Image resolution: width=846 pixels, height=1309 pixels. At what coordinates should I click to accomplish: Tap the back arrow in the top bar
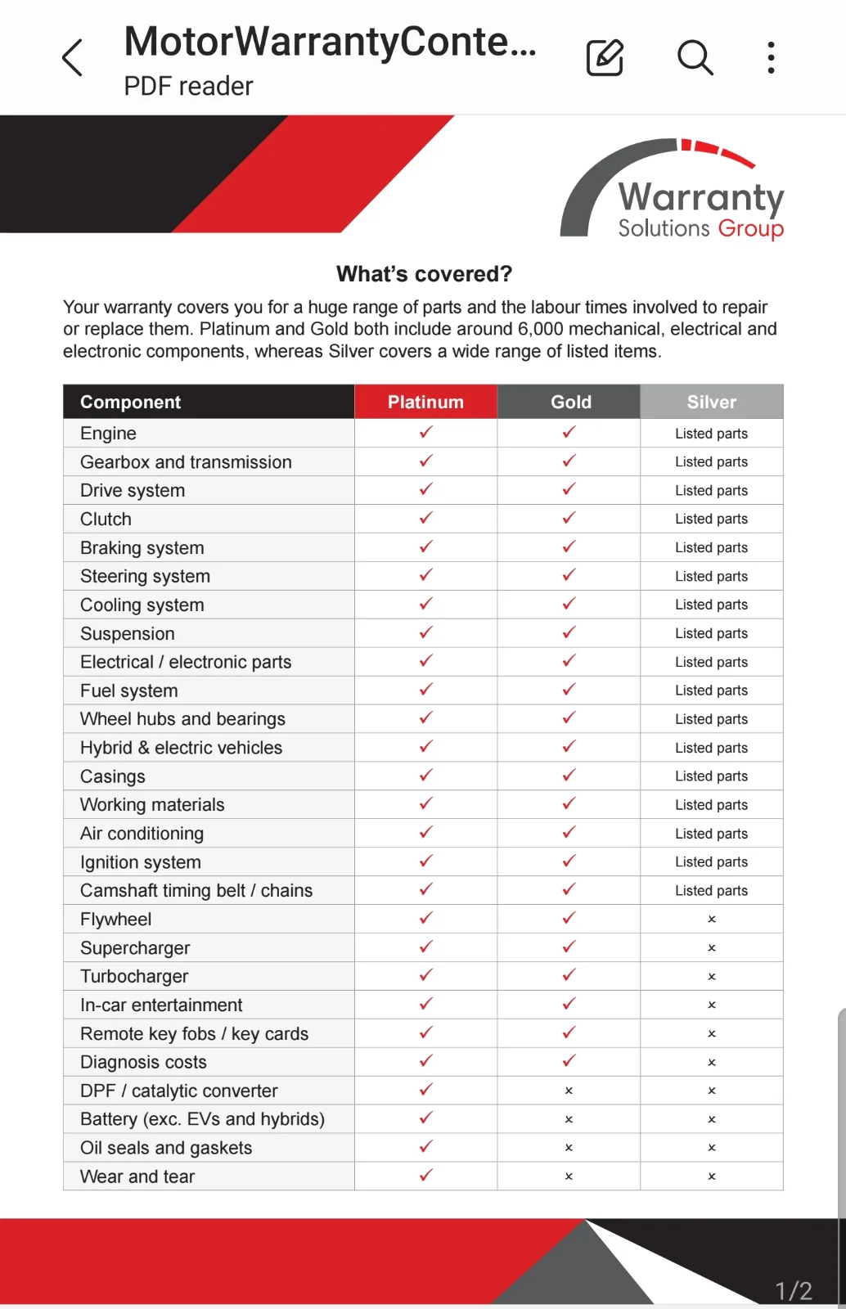73,57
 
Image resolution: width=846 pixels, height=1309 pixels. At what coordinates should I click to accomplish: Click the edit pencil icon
605,57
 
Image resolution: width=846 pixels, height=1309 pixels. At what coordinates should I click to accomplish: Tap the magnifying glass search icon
695,57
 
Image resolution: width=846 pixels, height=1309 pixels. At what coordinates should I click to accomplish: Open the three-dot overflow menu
771,57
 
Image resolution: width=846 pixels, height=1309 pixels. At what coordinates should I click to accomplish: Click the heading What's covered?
424,274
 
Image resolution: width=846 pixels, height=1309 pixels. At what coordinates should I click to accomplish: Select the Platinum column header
425,402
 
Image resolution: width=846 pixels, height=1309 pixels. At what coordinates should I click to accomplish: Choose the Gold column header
570,402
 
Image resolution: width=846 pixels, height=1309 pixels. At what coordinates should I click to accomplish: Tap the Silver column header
711,402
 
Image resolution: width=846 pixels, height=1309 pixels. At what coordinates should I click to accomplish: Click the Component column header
131,402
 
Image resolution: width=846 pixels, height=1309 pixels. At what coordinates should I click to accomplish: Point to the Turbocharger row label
134,976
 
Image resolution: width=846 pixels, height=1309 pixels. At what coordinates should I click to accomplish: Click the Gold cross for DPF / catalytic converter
569,1091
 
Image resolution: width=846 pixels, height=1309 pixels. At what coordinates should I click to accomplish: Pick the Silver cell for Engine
711,434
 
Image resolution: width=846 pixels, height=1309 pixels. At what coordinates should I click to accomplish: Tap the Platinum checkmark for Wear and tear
425,1176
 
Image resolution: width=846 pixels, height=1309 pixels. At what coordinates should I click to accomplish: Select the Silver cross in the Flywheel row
712,920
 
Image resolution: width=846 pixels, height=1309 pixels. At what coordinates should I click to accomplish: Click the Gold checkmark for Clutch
569,518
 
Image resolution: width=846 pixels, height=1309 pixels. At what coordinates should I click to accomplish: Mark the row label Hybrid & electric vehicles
181,748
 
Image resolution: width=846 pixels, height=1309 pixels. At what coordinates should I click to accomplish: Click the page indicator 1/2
793,1290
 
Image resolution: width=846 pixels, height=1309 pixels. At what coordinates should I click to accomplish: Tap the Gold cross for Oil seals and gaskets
569,1148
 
